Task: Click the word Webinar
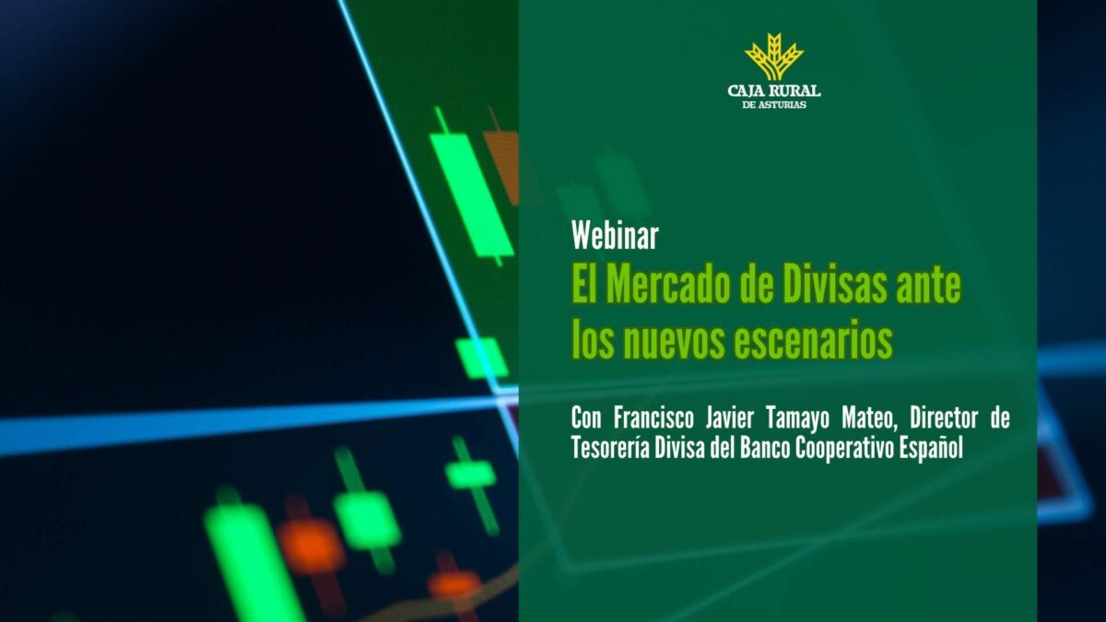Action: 615,237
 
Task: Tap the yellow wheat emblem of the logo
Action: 774,57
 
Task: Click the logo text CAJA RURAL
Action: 774,90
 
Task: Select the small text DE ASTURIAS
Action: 774,104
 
